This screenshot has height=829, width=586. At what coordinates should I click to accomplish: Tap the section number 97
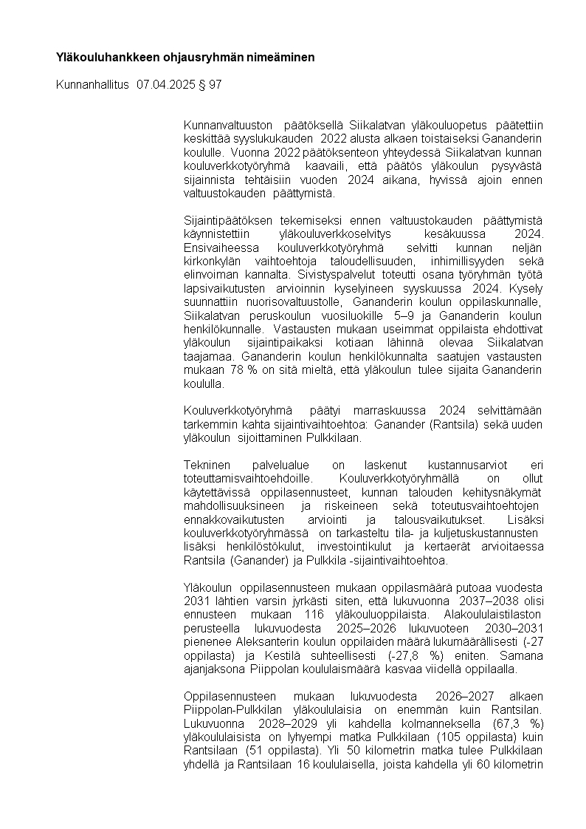[215, 85]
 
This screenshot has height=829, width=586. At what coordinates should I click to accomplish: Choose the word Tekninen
[207, 465]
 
